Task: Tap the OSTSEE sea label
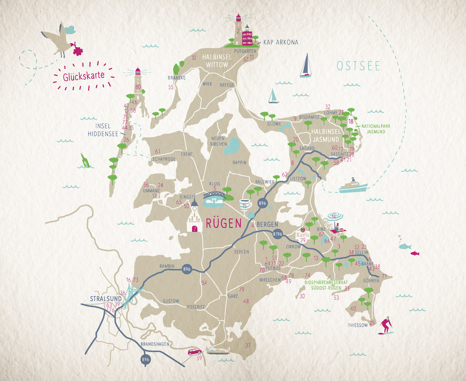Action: pos(358,66)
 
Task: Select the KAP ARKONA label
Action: pos(281,42)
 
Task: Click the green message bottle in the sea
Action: pos(85,160)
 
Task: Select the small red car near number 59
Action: pos(195,352)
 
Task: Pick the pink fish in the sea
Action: pos(414,253)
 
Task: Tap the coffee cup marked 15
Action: pos(245,204)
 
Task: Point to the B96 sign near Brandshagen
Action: pos(145,360)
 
